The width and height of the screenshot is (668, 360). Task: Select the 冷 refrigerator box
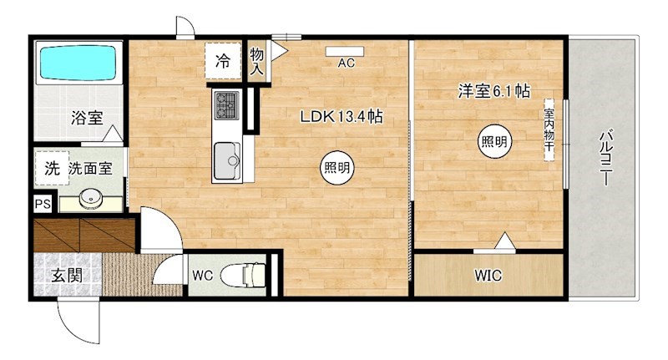click(223, 60)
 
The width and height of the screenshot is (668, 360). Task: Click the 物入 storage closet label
click(257, 62)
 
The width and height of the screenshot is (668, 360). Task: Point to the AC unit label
click(347, 63)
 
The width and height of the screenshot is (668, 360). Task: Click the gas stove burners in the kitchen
click(226, 105)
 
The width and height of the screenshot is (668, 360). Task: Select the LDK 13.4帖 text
click(342, 118)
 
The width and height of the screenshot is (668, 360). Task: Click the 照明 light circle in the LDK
click(337, 168)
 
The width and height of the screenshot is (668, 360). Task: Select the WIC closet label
click(488, 275)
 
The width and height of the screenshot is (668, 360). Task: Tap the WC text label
click(203, 275)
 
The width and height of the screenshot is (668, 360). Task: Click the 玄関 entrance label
click(66, 276)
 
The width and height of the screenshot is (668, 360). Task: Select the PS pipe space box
click(41, 204)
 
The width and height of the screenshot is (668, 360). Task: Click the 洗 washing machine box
click(52, 168)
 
